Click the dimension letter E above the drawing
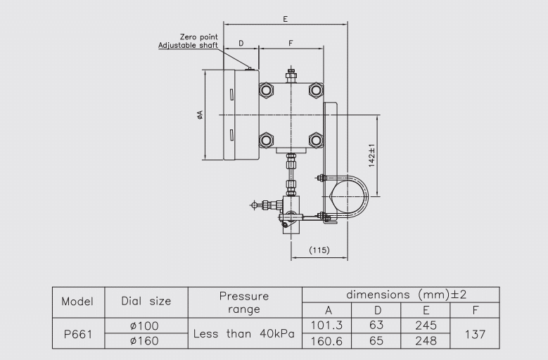(286, 19)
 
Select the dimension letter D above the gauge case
(241, 44)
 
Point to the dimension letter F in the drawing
(291, 44)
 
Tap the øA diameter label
(200, 115)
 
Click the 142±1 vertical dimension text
(371, 155)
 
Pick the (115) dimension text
(319, 250)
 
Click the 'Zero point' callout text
(198, 37)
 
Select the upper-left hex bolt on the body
(266, 90)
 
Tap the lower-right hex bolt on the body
(316, 141)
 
